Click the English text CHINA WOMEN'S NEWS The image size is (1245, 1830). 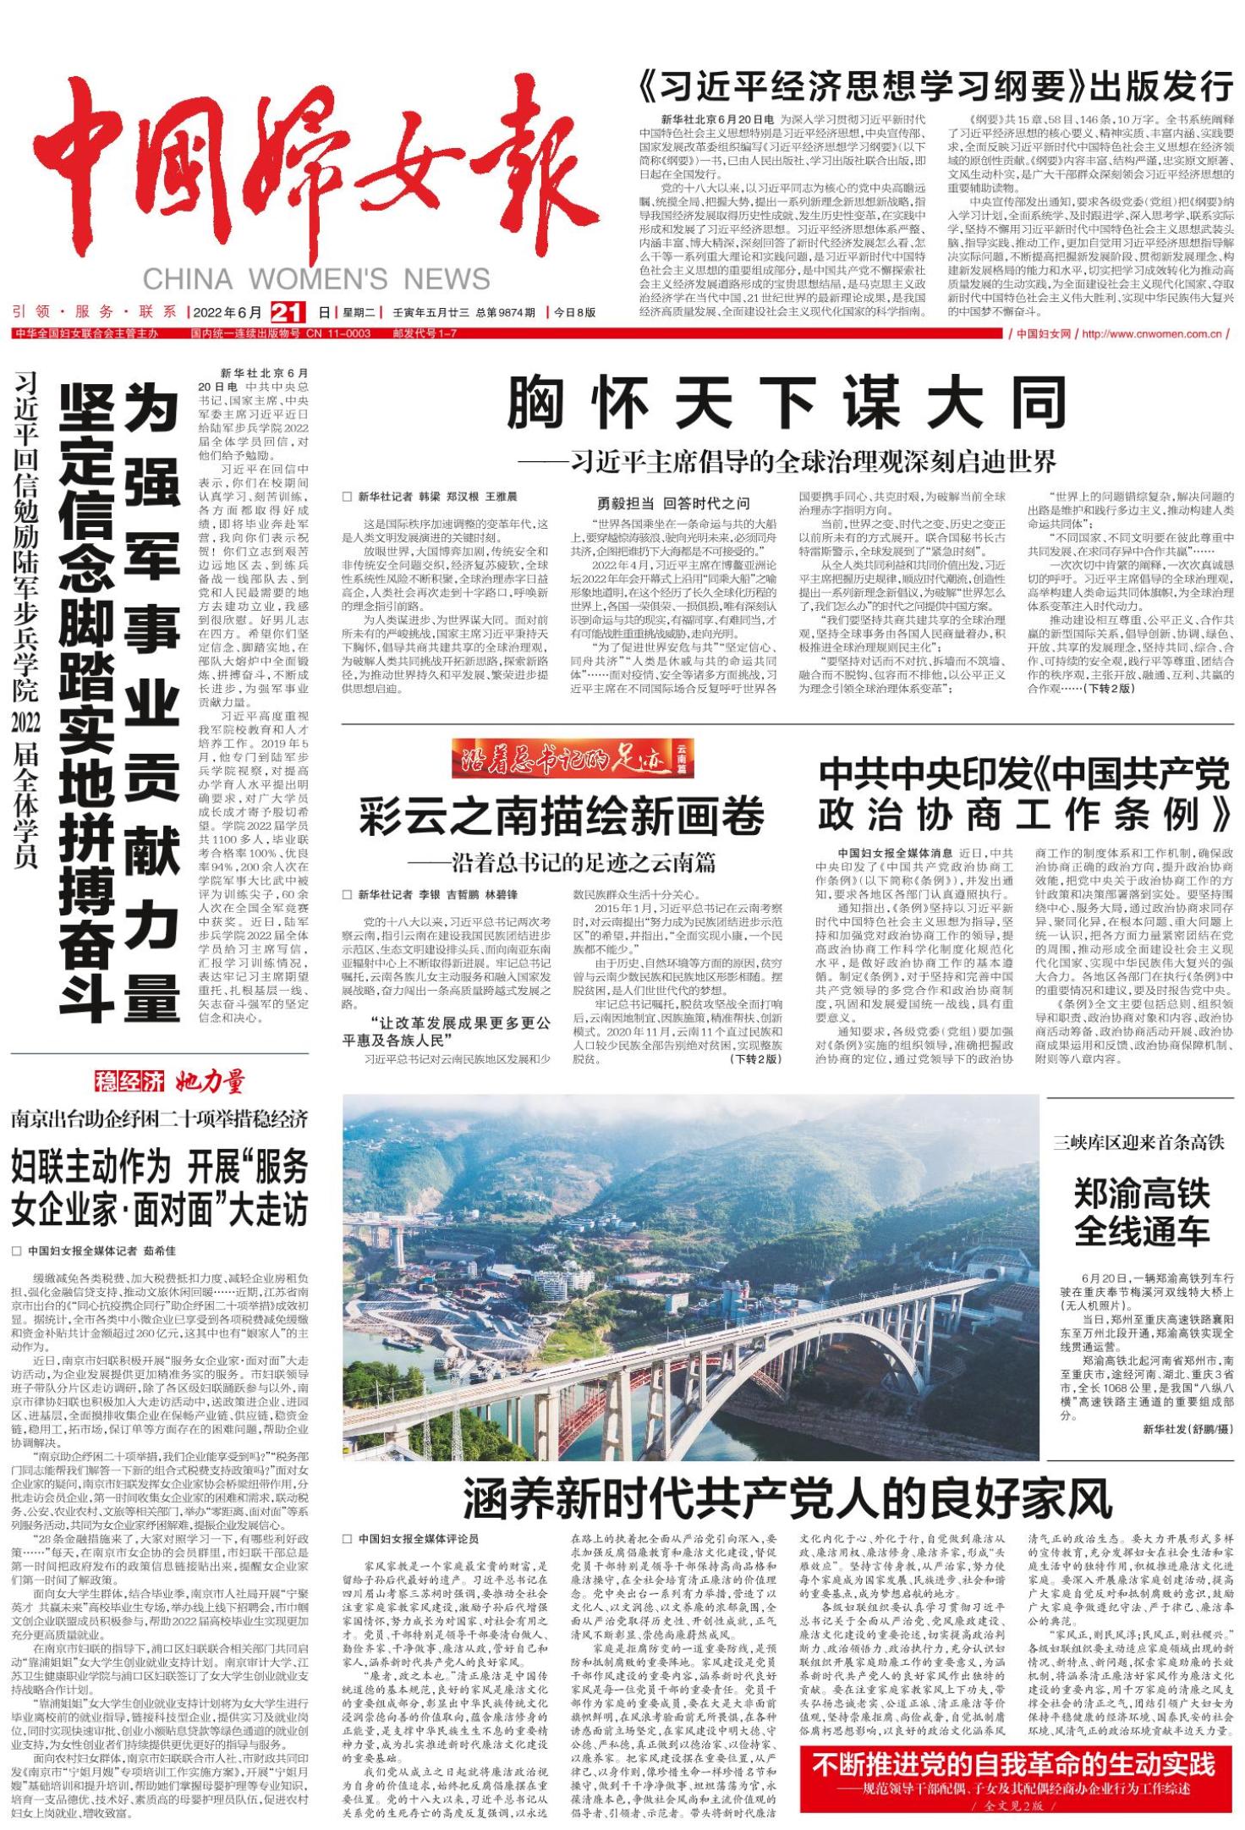point(316,279)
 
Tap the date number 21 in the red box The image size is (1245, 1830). point(288,312)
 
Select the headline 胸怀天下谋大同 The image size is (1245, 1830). point(787,404)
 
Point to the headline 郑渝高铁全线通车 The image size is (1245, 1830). point(1141,1212)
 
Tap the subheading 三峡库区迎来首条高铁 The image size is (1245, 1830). point(1138,1142)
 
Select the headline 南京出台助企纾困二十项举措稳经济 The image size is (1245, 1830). point(160,1119)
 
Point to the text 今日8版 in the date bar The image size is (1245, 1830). point(575,312)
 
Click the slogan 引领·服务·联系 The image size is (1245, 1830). point(95,312)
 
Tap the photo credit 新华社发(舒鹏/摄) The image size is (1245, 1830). point(1187,1428)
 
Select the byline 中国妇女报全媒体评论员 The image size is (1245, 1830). point(419,1538)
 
